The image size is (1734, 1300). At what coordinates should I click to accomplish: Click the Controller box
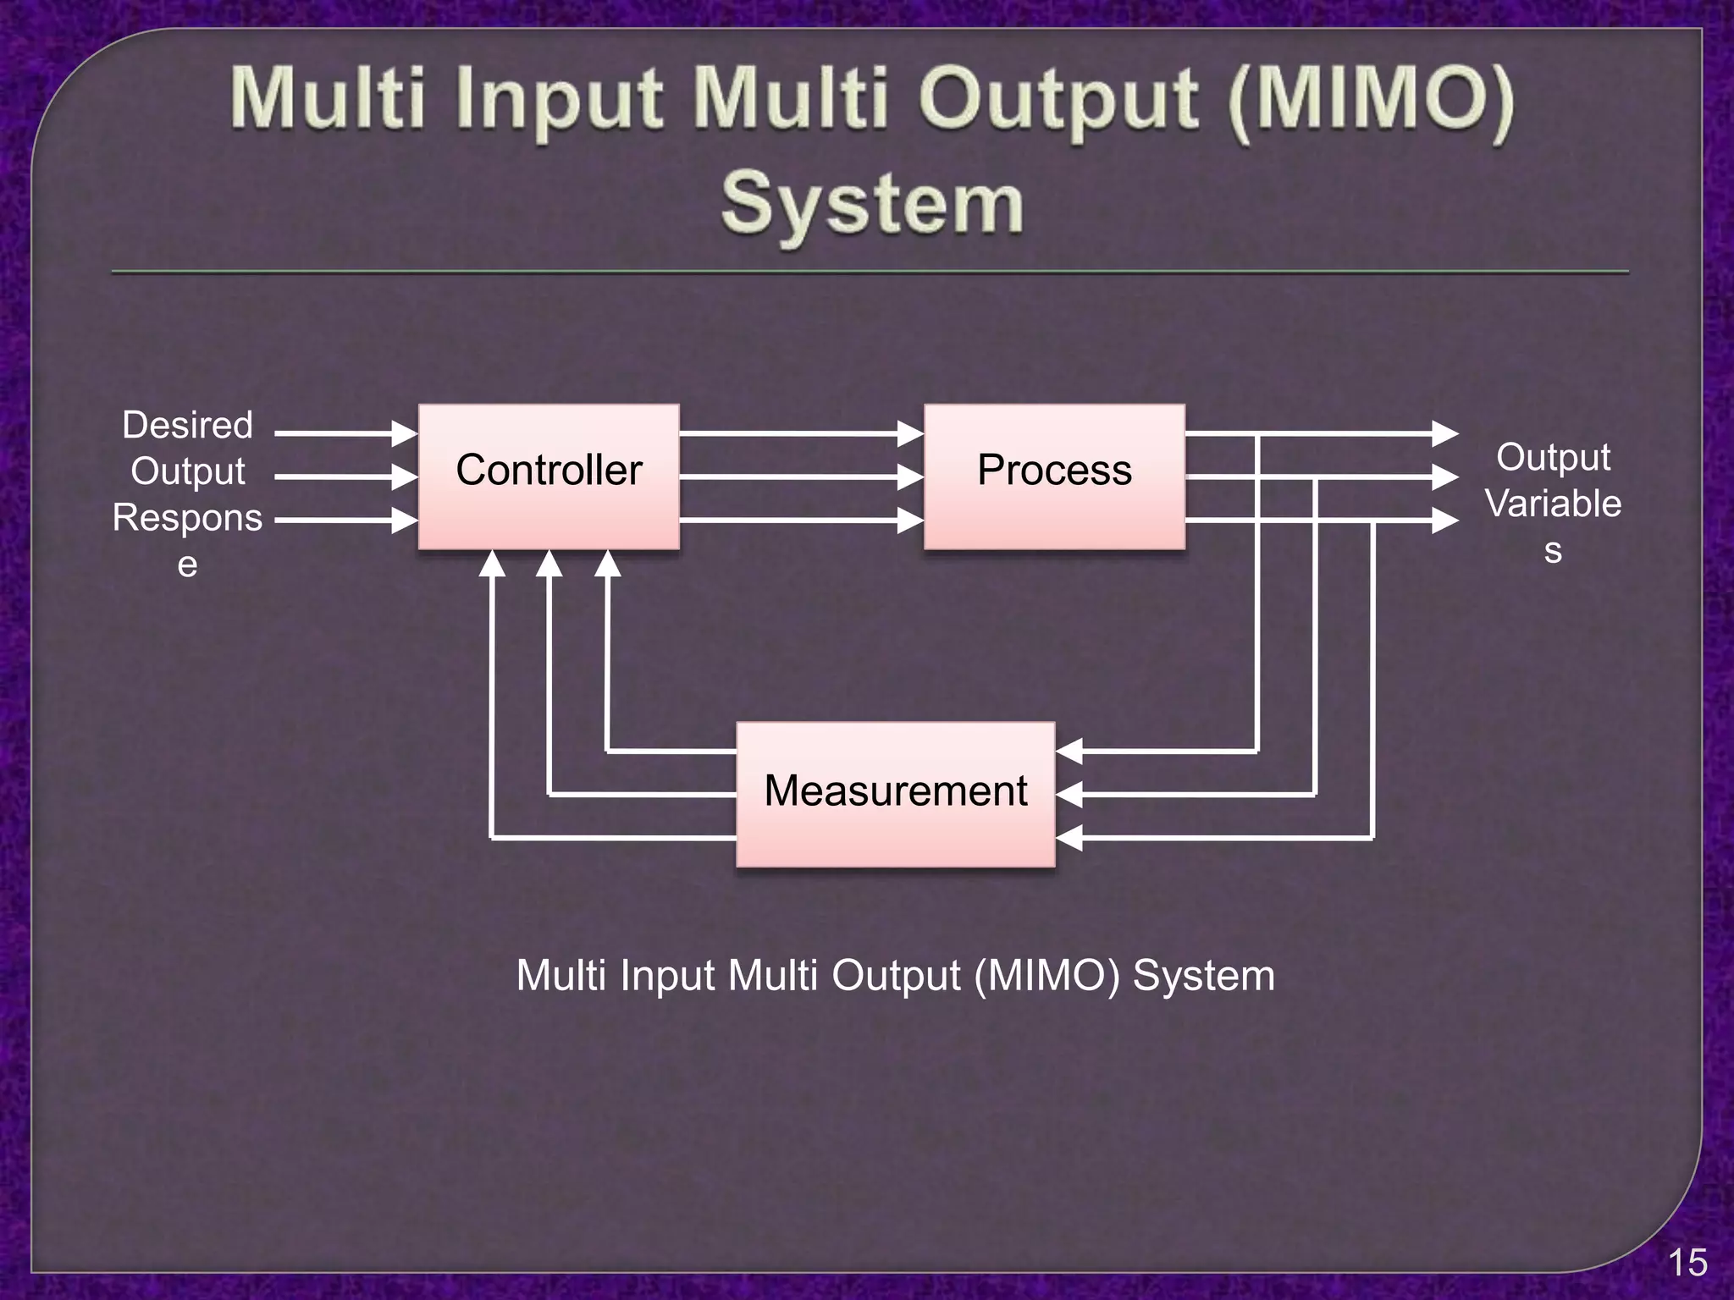(x=549, y=476)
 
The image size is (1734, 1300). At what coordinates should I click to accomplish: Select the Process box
(x=1054, y=476)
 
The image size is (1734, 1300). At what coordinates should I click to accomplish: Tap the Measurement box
(x=895, y=794)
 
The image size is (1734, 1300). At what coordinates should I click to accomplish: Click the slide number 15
(x=1687, y=1263)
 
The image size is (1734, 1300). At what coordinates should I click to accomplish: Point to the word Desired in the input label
(x=187, y=425)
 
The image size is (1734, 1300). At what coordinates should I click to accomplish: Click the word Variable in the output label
(x=1553, y=504)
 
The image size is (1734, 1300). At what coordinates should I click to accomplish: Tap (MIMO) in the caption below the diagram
(x=1046, y=975)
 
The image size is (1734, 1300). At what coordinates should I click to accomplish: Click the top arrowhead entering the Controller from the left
(x=406, y=433)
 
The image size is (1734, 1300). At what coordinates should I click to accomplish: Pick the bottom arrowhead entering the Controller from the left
(x=406, y=520)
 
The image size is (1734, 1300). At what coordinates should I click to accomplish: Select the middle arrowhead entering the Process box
(x=911, y=477)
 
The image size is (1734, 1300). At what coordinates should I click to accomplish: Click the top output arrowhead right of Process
(x=1445, y=433)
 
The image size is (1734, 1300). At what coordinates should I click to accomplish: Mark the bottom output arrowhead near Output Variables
(x=1445, y=520)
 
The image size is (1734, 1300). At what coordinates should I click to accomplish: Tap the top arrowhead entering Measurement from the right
(x=1069, y=751)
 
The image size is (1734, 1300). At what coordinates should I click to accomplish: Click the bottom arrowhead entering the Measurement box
(x=1069, y=838)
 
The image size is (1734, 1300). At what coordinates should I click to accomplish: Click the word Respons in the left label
(x=187, y=517)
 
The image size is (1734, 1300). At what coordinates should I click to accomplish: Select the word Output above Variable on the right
(x=1553, y=457)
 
